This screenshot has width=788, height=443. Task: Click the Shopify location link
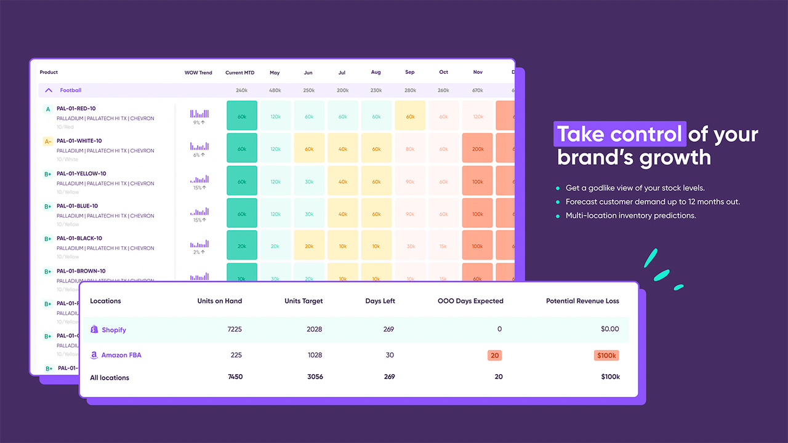coord(113,330)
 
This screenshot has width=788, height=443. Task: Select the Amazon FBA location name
coord(121,355)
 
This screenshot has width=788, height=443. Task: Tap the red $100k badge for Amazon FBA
coord(606,355)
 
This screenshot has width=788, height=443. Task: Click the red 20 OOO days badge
coord(495,355)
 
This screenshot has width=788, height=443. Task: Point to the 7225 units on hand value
coord(235,329)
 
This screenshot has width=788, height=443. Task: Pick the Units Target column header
coord(304,301)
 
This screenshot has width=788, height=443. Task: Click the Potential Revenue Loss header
coord(582,301)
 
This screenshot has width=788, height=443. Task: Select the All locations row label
coord(110,377)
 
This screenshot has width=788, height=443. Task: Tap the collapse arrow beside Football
coord(49,90)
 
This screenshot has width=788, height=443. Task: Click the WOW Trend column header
coord(198,73)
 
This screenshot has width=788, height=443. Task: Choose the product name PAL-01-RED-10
coord(76,108)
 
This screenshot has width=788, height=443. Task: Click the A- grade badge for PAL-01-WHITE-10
coord(47,142)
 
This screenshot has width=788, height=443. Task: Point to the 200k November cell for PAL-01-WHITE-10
coord(477,148)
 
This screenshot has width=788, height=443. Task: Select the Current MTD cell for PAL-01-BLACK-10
coord(242,246)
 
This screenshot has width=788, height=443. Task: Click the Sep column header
coord(409,73)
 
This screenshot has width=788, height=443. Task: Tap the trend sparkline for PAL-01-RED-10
coord(199,114)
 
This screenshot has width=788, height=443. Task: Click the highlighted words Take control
coord(619,134)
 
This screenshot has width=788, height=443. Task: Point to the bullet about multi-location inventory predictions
coord(630,216)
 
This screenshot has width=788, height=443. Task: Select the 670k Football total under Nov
coord(477,90)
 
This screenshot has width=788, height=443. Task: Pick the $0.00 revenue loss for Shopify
coord(609,329)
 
